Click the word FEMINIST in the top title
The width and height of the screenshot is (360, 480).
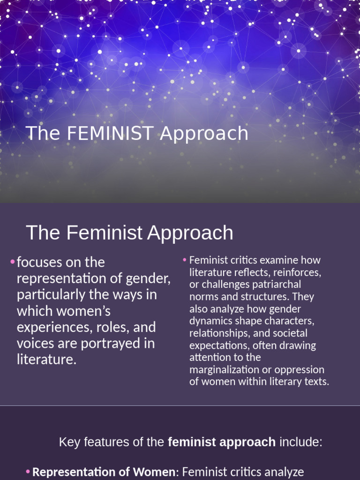110,134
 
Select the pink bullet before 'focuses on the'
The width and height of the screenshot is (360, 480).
12,262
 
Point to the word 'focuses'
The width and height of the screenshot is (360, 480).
37,262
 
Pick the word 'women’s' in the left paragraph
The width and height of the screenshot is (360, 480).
86,311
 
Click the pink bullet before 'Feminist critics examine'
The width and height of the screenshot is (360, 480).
185,259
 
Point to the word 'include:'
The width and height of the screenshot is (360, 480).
301,442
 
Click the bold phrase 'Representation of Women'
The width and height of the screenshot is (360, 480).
103,472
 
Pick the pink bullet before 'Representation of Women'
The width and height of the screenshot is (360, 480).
28,471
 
